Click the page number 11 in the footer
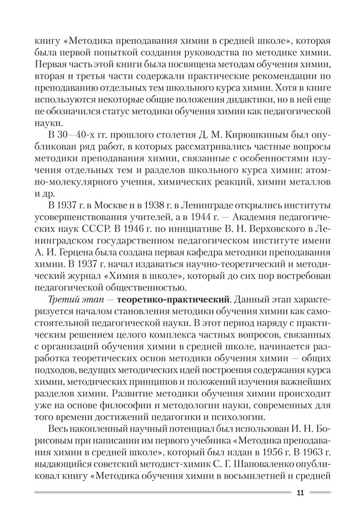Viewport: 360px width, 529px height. pos(300,494)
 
